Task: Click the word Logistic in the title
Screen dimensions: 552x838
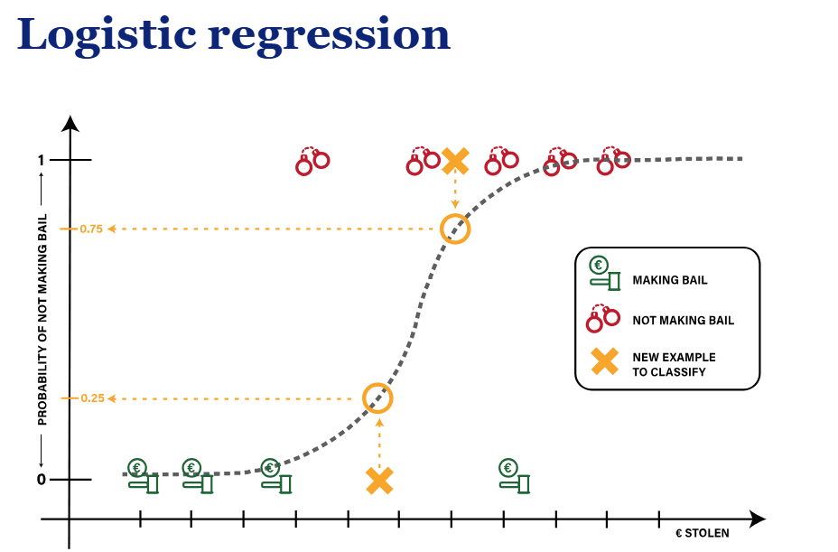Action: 106,34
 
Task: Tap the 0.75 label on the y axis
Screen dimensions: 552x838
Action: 90,229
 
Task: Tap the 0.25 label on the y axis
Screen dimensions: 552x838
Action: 91,398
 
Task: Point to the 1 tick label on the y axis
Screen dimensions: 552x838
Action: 41,161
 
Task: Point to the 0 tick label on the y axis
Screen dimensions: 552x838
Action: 41,480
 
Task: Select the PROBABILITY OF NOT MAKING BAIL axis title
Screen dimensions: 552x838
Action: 42,321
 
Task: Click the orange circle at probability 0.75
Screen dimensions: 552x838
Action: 455,229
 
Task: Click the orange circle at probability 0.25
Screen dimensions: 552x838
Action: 378,398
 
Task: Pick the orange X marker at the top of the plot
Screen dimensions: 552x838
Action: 455,161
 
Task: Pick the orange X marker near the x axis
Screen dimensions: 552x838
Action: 379,481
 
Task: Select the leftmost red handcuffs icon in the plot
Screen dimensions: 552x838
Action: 312,161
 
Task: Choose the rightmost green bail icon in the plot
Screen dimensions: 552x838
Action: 514,476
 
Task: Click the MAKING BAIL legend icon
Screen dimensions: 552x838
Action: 605,274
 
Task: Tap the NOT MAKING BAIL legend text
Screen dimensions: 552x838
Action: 683,321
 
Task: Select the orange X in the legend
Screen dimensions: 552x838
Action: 604,362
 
